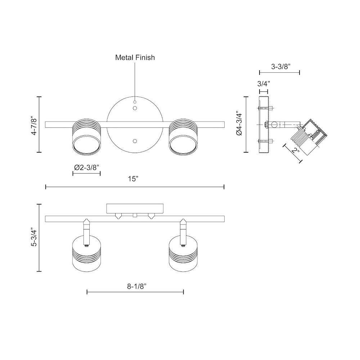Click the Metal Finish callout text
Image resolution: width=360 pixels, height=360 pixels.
(135, 57)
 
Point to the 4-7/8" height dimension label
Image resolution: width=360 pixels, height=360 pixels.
(34, 126)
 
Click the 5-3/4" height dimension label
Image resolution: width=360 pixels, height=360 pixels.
(34, 237)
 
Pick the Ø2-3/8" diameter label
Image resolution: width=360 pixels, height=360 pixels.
(86, 167)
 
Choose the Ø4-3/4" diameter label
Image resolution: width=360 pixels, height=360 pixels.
(239, 124)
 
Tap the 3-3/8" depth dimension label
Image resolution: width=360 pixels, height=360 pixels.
(281, 67)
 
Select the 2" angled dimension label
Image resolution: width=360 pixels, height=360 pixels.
(296, 151)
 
